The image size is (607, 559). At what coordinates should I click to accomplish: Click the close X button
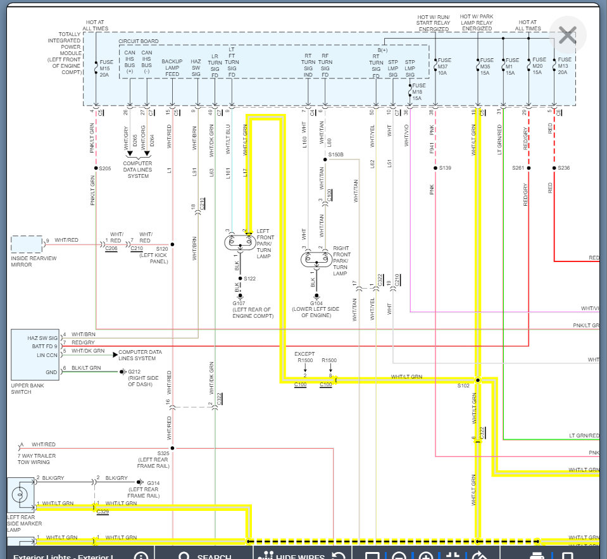point(567,35)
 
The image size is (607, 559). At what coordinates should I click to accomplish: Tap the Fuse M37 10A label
point(442,66)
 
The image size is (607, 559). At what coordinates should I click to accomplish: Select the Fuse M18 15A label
point(416,92)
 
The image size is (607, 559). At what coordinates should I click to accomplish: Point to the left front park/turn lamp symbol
point(239,242)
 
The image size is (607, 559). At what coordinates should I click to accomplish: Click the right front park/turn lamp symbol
point(315,259)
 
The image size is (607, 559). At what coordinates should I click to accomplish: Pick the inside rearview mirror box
point(27,244)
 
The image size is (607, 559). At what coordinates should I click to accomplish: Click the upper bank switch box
point(35,355)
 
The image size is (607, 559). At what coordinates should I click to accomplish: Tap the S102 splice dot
point(478,380)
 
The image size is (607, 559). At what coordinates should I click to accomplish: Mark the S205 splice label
point(105,168)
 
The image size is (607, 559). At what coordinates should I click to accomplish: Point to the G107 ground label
point(239,303)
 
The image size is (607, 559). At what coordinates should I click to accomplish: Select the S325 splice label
point(163,453)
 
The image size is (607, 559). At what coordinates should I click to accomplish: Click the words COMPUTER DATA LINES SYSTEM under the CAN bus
point(138,170)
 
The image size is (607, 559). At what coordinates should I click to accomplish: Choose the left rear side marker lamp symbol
point(21,494)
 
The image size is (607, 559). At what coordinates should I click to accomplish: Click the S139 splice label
point(445,168)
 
